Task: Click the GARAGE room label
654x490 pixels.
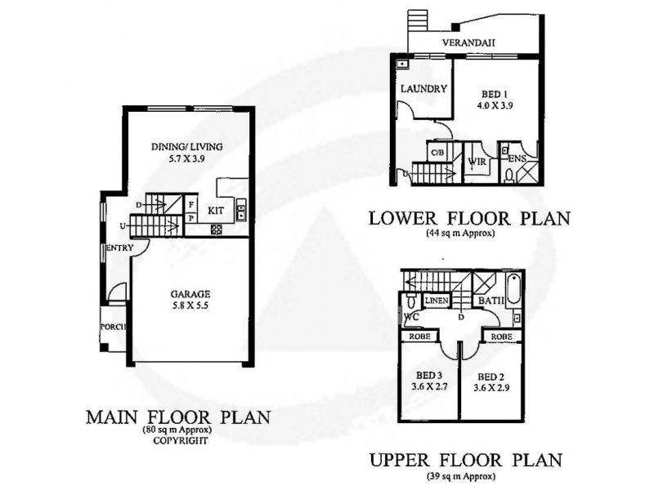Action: (191, 294)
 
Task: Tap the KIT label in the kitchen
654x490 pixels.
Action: (217, 210)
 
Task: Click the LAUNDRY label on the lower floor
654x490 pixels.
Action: (422, 88)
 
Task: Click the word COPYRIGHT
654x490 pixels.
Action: (178, 439)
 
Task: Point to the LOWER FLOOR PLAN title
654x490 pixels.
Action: (469, 218)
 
